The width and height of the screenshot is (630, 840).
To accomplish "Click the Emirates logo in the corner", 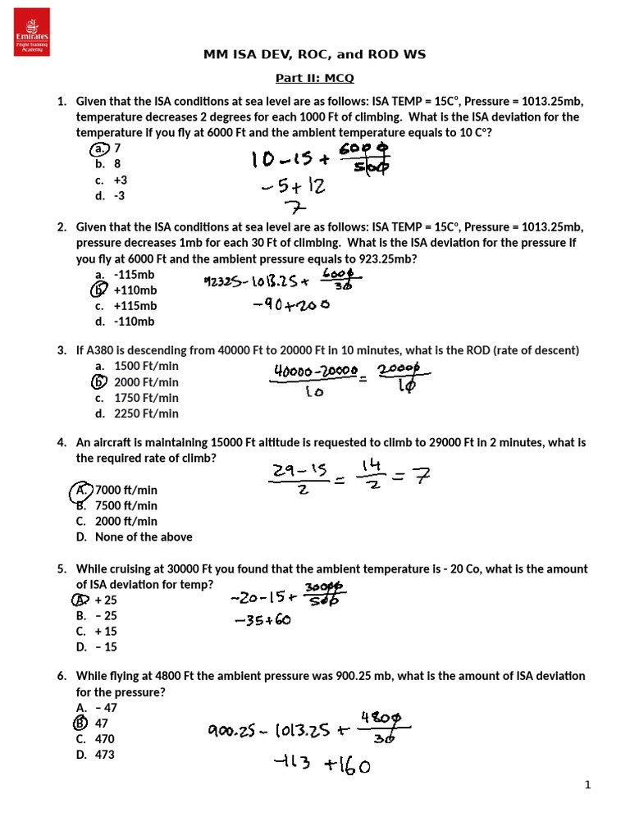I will click(32, 32).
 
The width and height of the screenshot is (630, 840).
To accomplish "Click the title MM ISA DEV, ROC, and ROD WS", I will click(315, 55).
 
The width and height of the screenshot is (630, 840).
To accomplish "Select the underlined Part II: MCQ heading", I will click(315, 79).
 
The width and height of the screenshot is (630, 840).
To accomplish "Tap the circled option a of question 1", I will click(100, 148).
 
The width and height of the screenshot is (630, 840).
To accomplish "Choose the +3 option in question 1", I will click(121, 180).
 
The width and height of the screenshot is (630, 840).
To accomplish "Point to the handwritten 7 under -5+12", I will click(290, 207).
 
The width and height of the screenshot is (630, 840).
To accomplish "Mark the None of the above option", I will click(144, 536).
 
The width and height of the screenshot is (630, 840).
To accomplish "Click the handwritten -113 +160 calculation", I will click(322, 767).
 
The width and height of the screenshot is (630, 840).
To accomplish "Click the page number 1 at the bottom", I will click(587, 785).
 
